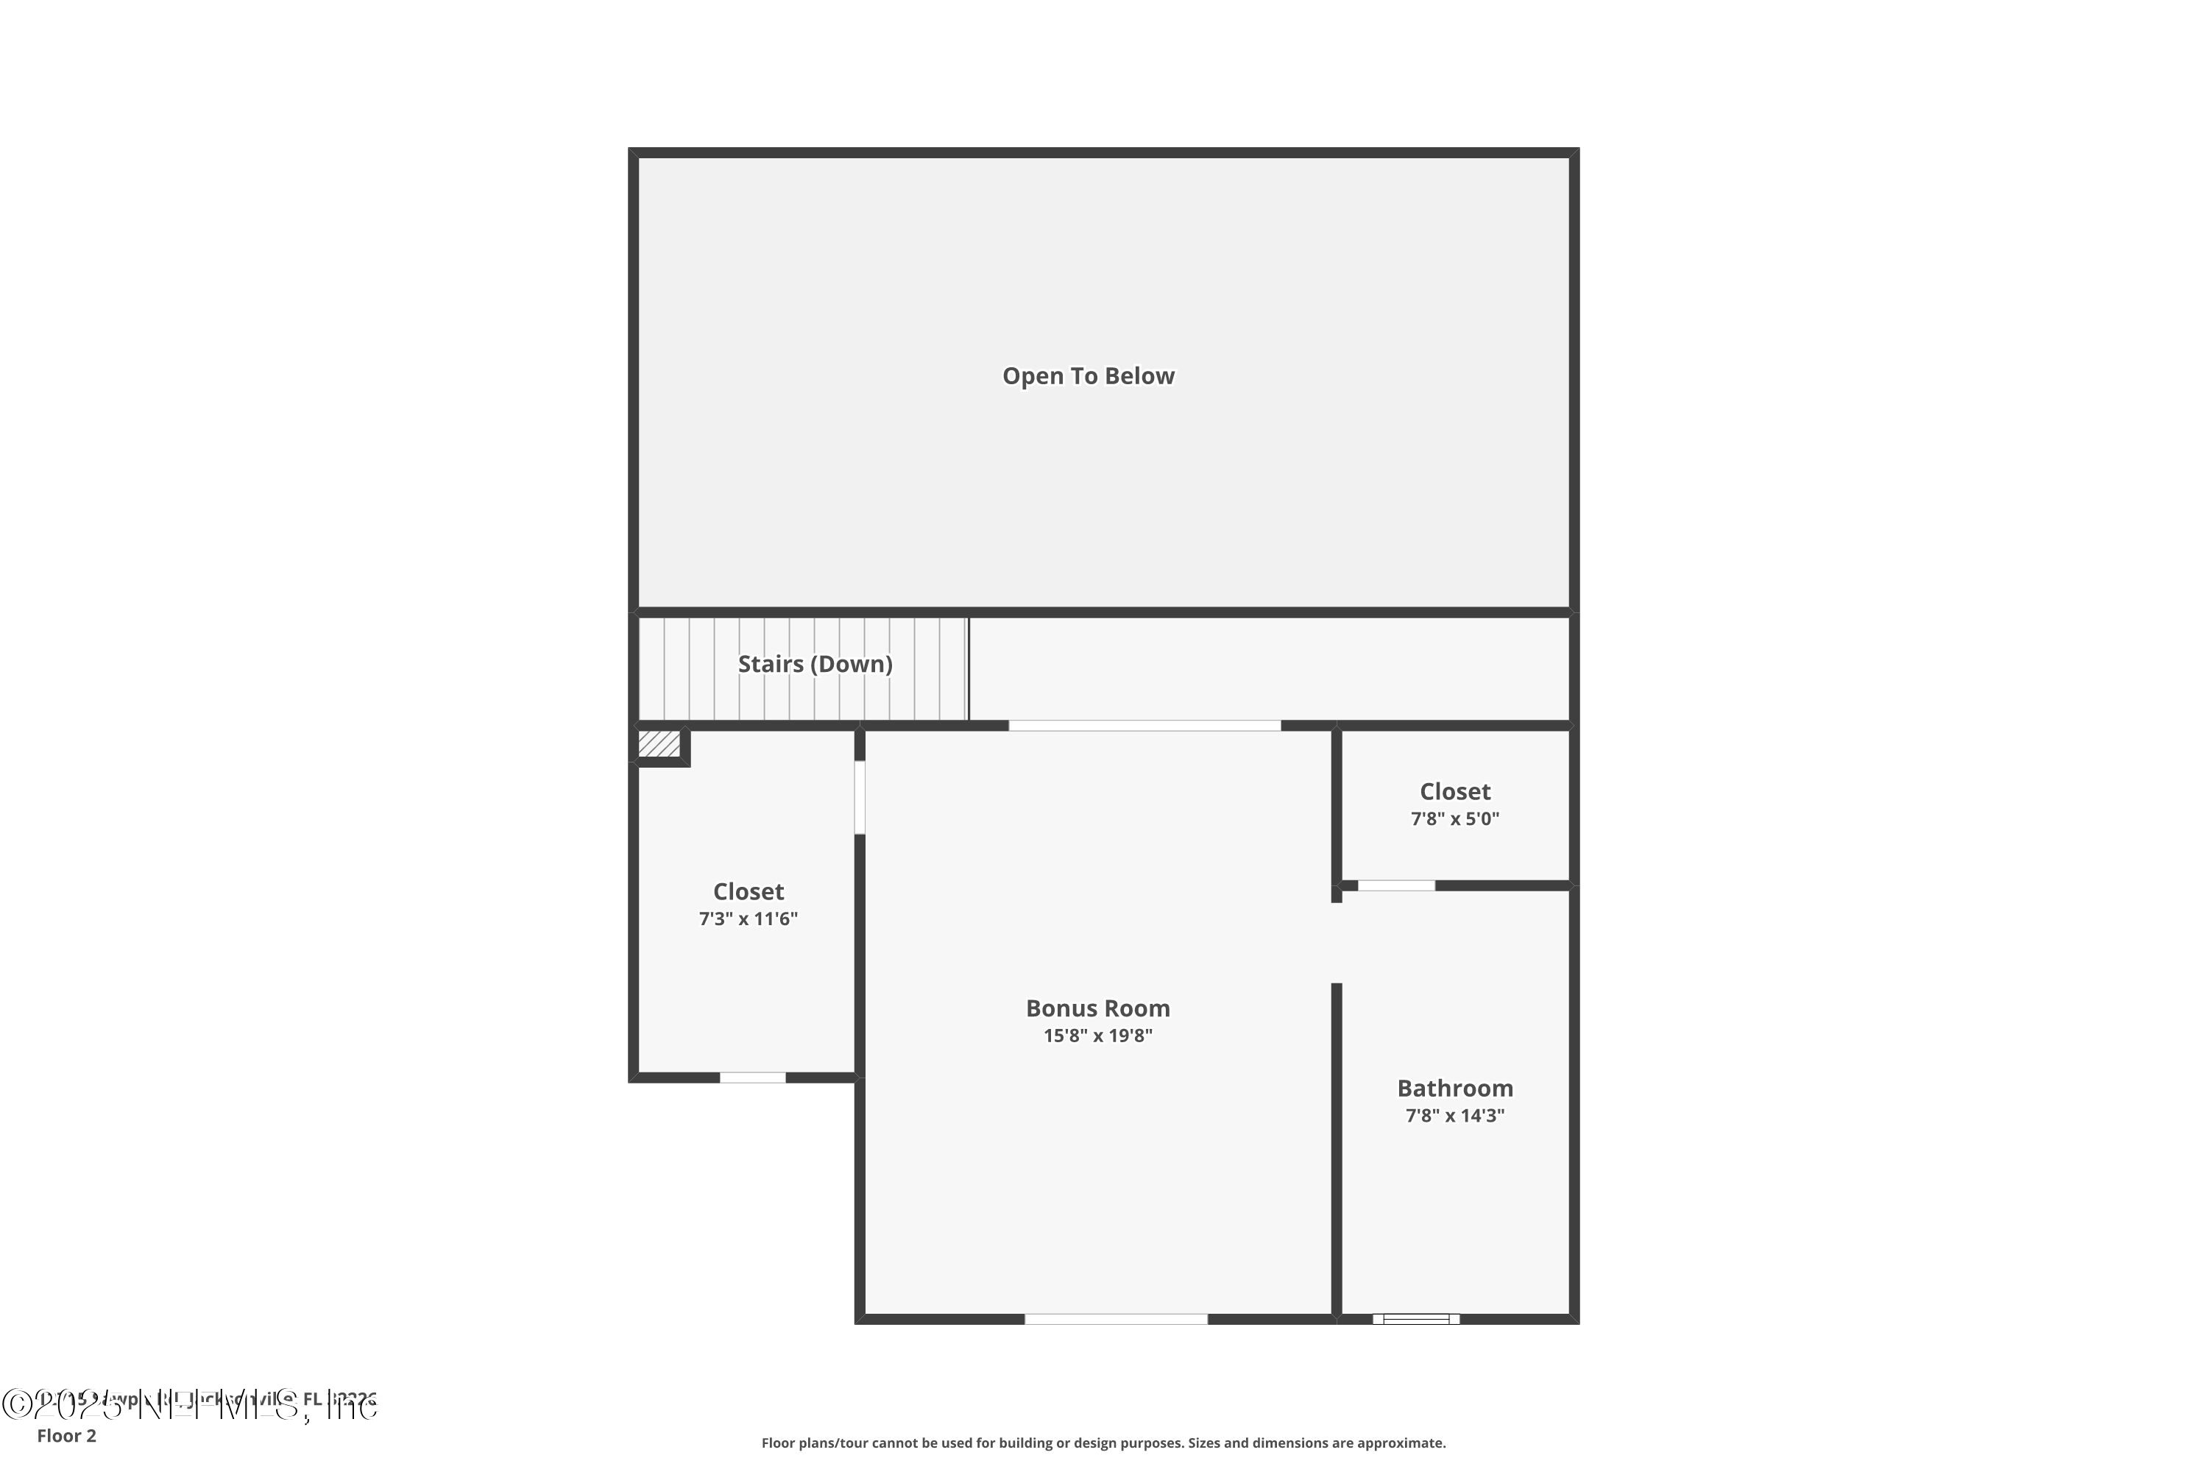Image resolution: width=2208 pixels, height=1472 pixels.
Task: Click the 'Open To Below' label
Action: pos(1088,376)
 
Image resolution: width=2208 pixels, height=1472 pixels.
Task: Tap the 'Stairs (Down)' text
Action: pos(815,665)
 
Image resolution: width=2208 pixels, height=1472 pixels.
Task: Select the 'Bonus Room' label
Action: pos(1097,1008)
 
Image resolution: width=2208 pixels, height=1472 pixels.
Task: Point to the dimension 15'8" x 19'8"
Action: pos(1097,1036)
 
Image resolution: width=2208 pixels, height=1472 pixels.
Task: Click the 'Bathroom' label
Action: pos(1455,1088)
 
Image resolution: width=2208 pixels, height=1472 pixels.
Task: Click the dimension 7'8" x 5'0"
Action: pos(1455,818)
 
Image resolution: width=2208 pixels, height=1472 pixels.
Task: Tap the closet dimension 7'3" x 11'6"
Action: pos(749,919)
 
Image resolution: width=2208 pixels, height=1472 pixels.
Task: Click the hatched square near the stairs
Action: pos(659,744)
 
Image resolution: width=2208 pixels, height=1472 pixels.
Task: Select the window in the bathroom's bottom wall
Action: pos(1415,1319)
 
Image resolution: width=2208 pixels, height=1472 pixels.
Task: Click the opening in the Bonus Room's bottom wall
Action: pos(1115,1319)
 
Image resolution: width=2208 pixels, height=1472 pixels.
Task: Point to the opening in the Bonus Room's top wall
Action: pos(1144,726)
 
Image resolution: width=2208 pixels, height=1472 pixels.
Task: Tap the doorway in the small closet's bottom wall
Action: pos(1396,885)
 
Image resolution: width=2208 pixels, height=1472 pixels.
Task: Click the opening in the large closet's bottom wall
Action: pos(752,1078)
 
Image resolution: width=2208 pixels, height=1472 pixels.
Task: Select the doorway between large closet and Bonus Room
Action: pos(859,797)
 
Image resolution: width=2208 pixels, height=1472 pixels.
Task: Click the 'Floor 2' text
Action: pos(67,1435)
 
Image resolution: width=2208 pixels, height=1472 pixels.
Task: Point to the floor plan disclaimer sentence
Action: pos(1103,1443)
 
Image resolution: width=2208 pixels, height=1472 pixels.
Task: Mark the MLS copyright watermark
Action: pos(188,1404)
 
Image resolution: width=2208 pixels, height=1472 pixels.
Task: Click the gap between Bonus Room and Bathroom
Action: pos(1336,943)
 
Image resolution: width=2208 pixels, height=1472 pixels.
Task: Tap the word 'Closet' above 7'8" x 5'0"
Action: pos(1455,791)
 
